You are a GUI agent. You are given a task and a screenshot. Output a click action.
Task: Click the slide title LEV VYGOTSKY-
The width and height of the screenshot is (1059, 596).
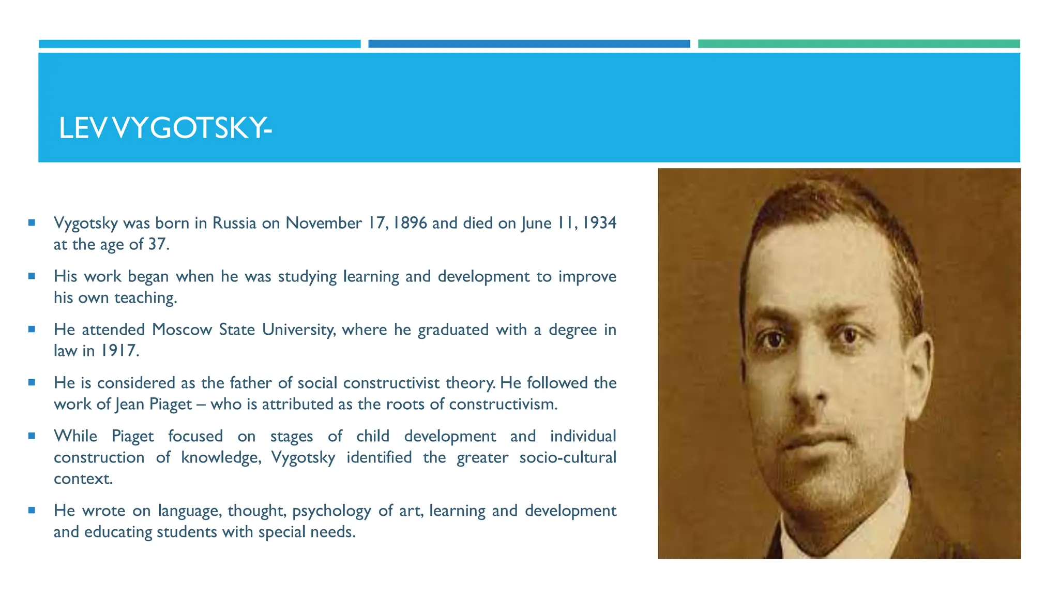click(x=165, y=128)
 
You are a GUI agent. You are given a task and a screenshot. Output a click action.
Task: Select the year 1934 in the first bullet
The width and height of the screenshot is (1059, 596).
click(x=599, y=223)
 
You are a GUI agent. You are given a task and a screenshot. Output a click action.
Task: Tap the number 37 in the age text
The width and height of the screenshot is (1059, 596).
click(x=157, y=244)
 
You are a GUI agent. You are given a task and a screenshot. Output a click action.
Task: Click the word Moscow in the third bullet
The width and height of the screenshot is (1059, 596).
click(x=182, y=330)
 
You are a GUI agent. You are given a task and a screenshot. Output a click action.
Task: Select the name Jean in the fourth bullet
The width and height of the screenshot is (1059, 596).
click(x=130, y=404)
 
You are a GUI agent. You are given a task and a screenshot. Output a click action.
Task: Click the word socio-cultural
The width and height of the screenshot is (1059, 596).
click(x=567, y=457)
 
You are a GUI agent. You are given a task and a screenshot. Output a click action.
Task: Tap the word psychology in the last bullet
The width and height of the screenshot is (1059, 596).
click(x=331, y=511)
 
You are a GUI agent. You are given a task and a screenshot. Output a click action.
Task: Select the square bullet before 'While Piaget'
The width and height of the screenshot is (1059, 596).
click(x=32, y=436)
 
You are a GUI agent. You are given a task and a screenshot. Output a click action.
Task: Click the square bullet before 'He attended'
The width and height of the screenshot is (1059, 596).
click(x=32, y=329)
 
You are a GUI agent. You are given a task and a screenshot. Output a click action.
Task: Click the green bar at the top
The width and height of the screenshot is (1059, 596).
click(x=858, y=44)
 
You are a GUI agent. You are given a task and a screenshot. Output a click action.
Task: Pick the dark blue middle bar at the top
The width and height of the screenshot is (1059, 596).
click(x=529, y=44)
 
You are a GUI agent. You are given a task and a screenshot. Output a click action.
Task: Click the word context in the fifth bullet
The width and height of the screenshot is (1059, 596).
click(x=83, y=479)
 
